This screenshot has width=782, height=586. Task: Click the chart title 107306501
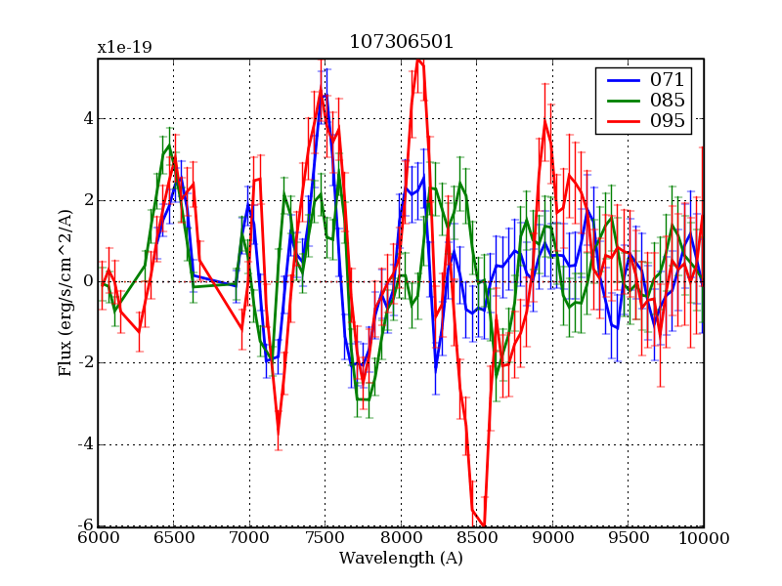click(x=401, y=43)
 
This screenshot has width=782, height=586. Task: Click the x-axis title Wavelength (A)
click(x=401, y=559)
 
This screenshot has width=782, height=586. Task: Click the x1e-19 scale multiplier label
click(x=124, y=47)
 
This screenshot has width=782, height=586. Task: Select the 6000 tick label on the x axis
click(x=98, y=538)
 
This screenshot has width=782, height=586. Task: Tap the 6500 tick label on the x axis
click(x=173, y=538)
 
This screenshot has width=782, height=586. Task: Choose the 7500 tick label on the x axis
click(x=325, y=538)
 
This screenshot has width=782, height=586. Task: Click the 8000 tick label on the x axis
click(x=401, y=538)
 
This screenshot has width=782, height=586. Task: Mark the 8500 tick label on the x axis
click(x=476, y=538)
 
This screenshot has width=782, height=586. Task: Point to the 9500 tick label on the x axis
click(x=628, y=538)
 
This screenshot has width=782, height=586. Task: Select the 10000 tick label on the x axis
click(x=703, y=538)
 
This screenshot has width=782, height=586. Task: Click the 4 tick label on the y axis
click(x=88, y=119)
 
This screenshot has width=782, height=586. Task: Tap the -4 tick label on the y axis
click(x=85, y=444)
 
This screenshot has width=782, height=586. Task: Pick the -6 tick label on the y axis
click(x=85, y=525)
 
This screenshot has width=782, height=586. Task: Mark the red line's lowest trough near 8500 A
click(x=484, y=525)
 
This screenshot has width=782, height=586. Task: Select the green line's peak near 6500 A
click(x=168, y=146)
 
